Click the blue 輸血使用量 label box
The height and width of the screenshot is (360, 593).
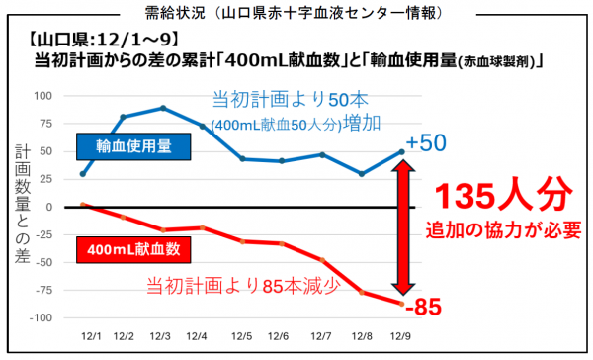(133, 145)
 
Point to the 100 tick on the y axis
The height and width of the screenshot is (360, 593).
(42, 96)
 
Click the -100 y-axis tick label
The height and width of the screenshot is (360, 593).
(39, 318)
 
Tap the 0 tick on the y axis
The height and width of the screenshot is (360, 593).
(49, 208)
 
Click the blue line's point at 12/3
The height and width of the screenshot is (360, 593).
(162, 108)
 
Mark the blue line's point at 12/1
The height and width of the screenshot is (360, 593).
(83, 174)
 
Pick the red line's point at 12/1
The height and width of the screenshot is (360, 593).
(83, 205)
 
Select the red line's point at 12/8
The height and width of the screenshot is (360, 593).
(362, 293)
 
